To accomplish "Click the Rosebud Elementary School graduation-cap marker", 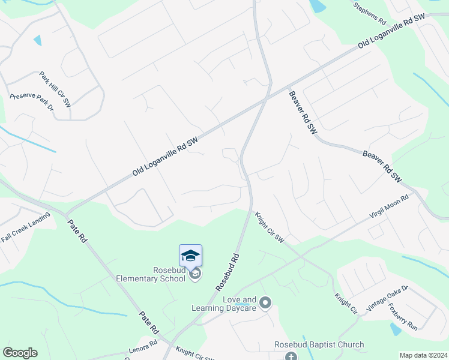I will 190,256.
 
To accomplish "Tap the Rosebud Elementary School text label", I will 151,274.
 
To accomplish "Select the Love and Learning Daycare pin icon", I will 266,302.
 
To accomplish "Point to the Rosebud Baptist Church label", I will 319,344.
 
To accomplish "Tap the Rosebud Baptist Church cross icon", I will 291,356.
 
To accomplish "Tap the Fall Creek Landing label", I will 25,229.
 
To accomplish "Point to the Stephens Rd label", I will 369,13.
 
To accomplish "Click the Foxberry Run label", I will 402,316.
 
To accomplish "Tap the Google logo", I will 20,353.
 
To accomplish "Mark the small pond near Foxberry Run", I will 395,329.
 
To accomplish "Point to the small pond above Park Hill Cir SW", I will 38,41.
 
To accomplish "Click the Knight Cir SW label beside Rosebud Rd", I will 268,227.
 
